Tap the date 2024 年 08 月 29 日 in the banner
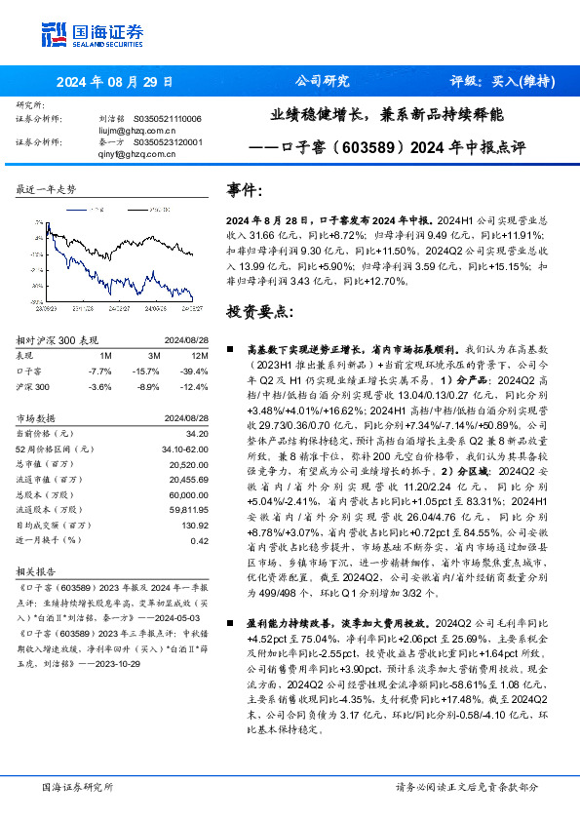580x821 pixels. [x=114, y=82]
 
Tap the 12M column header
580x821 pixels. [x=199, y=356]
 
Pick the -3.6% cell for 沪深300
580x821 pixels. [x=100, y=387]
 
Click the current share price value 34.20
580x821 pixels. [x=197, y=432]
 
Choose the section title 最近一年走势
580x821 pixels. [x=47, y=190]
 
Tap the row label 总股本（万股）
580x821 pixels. [x=49, y=494]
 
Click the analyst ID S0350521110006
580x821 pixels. [x=167, y=118]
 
